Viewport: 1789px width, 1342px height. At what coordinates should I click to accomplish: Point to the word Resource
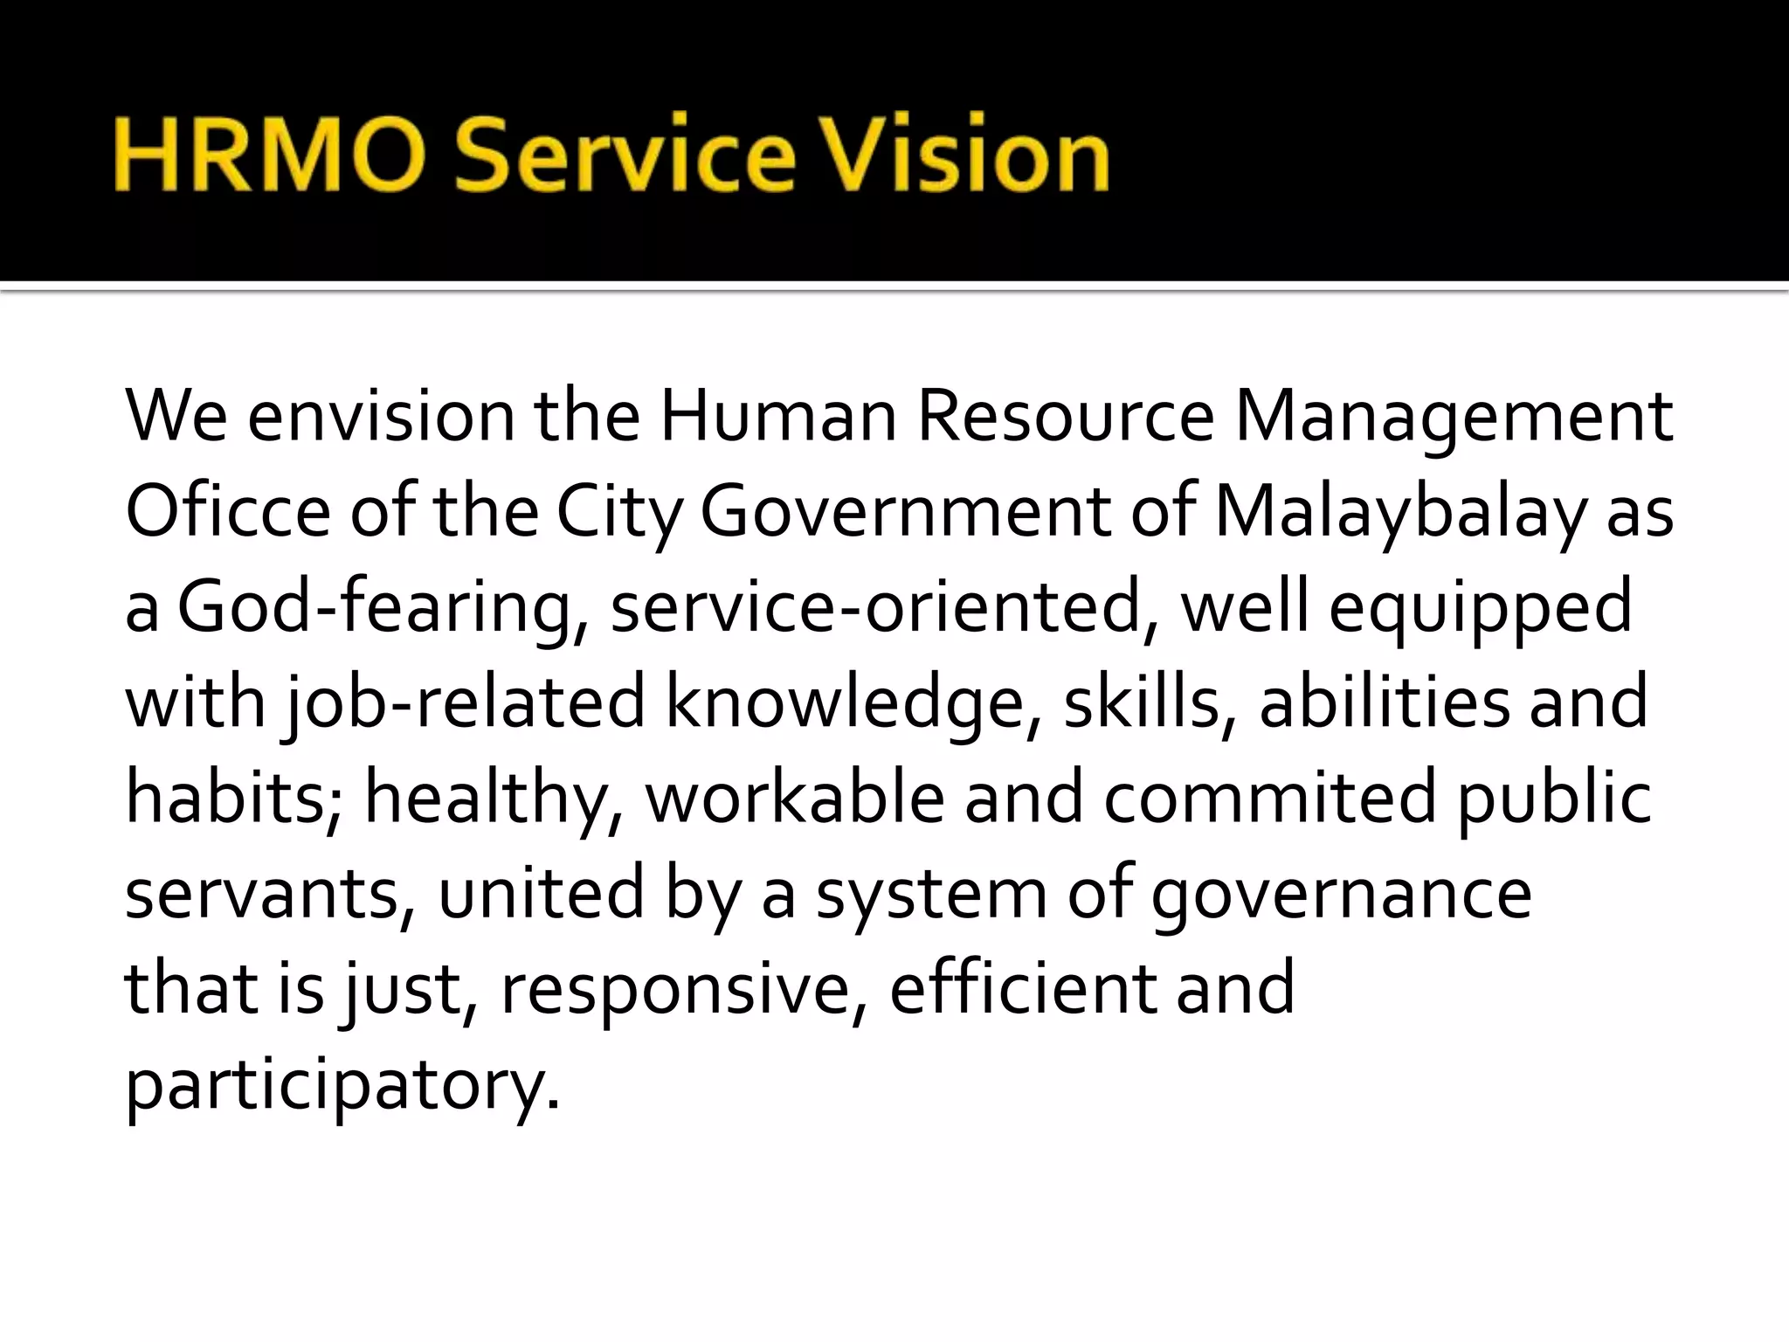tap(1065, 417)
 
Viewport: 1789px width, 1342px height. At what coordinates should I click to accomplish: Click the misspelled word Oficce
tap(228, 512)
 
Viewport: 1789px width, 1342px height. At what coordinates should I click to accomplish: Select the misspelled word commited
tap(1269, 798)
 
